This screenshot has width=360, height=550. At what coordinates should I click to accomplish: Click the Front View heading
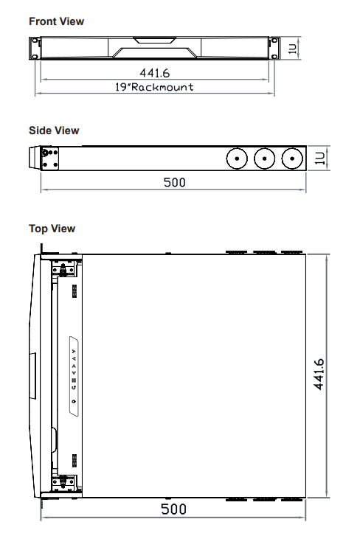57,21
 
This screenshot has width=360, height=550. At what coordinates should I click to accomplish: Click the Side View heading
54,130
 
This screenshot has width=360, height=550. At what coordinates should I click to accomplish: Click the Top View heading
52,229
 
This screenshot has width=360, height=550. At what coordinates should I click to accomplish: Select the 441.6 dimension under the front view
154,73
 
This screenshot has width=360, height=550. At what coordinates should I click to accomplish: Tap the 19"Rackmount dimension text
154,87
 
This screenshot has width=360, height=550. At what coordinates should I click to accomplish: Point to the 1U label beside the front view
293,49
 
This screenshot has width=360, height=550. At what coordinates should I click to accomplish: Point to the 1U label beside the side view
319,159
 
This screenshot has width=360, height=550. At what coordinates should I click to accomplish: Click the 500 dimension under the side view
174,182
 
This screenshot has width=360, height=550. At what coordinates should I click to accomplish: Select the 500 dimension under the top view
173,509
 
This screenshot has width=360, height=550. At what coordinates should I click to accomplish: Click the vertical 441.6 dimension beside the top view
319,375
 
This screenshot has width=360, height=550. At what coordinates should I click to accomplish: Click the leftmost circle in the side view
237,159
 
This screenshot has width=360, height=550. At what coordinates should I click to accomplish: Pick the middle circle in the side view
265,159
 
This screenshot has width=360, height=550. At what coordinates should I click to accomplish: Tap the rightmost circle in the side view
292,159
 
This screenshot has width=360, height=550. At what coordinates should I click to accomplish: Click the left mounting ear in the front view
35,49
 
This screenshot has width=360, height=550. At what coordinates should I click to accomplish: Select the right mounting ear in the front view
274,49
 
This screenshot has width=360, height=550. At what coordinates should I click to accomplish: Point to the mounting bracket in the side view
49,159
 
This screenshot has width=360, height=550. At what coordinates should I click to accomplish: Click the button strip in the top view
74,376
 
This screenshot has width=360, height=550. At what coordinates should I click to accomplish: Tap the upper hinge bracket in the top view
63,270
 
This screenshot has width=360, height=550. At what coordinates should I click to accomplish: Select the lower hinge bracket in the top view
63,481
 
